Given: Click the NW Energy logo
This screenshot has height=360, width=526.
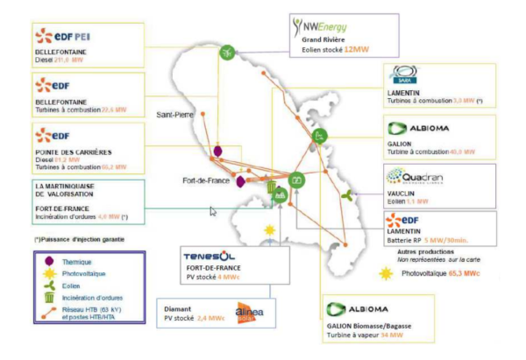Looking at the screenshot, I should pyautogui.click(x=330, y=30).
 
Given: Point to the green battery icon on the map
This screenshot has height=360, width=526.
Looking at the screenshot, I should pyautogui.click(x=298, y=180).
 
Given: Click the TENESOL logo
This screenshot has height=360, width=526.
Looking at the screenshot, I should pyautogui.click(x=210, y=255).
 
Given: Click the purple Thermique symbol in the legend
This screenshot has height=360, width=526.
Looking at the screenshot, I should pyautogui.click(x=48, y=262).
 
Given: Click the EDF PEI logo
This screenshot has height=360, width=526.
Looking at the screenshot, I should pyautogui.click(x=60, y=36).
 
